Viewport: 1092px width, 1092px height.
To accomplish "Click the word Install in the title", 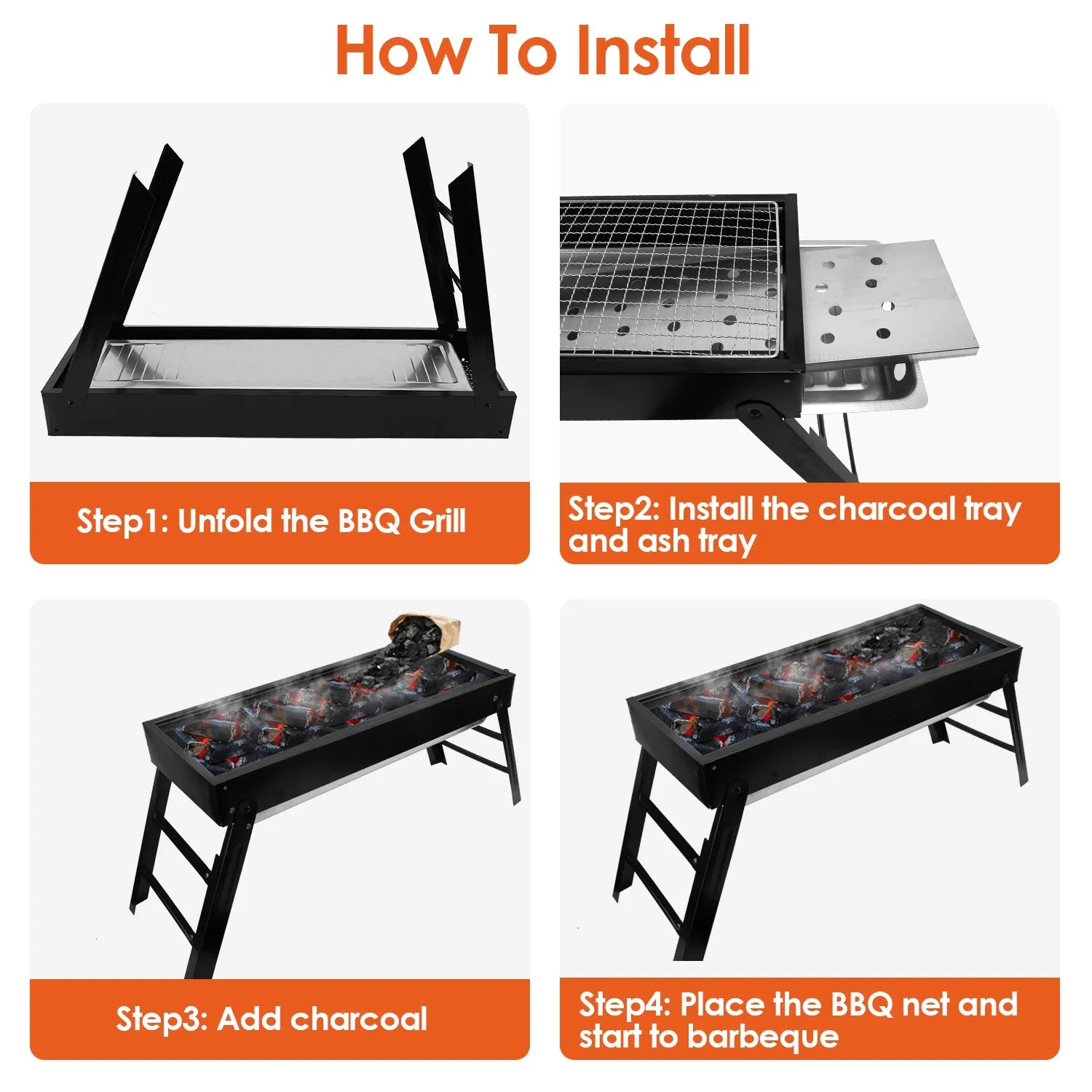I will (662, 51).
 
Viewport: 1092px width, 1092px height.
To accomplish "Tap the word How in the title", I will (403, 51).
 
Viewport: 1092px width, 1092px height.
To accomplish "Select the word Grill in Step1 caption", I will (437, 521).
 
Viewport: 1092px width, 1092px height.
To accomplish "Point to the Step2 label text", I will (614, 508).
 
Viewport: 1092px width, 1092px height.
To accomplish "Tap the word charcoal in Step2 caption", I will (886, 508).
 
